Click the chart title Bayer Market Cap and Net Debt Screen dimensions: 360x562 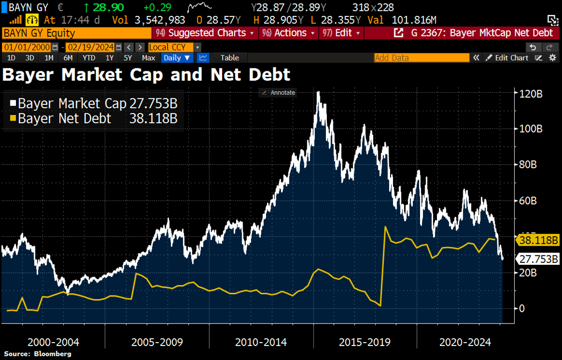147,75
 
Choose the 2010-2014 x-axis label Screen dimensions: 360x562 260,342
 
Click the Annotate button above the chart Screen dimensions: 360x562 278,93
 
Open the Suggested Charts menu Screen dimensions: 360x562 206,33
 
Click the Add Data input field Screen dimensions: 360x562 421,58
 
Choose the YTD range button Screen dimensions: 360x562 89,58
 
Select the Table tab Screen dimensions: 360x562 229,58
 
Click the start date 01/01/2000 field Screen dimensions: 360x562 27,47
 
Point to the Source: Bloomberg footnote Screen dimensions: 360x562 38,354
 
